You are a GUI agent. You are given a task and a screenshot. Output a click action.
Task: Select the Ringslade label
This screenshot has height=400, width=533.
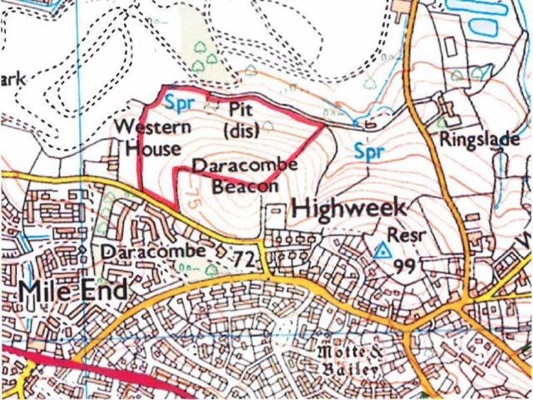481,138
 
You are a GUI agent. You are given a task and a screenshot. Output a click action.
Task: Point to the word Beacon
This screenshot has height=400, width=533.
244,187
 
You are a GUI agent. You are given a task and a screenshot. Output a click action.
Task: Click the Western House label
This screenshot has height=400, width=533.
152,138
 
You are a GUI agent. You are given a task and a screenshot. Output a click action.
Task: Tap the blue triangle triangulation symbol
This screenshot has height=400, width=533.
382,248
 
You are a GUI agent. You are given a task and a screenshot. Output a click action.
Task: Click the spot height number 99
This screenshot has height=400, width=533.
406,266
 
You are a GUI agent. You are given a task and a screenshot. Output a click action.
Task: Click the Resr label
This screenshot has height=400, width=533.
406,236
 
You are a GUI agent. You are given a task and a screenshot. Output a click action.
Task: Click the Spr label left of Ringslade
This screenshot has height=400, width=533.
368,152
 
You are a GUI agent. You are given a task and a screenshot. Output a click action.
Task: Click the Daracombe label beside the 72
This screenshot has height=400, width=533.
152,251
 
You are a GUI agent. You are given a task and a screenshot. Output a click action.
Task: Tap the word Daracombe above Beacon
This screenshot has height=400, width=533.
245,167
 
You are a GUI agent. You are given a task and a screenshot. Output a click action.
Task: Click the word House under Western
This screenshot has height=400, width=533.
152,149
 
